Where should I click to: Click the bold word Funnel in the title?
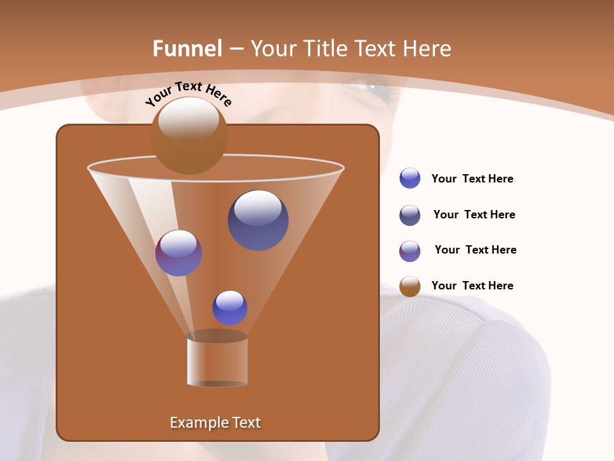(x=187, y=49)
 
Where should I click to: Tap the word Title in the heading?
(x=325, y=49)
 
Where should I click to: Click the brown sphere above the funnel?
(x=189, y=136)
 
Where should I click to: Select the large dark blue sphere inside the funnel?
(x=258, y=220)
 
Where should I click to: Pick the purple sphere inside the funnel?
(x=178, y=253)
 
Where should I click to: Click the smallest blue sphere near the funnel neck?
(x=230, y=308)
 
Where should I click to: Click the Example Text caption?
(x=215, y=423)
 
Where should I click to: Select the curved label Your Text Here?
(x=189, y=93)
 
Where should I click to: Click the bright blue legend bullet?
(x=410, y=179)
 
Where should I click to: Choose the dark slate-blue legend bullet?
(x=410, y=215)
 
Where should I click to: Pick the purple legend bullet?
(x=410, y=251)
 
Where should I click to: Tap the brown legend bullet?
(x=410, y=286)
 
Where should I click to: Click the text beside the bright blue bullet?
(x=472, y=179)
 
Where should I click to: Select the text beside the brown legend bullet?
(x=472, y=286)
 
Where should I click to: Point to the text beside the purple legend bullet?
(x=475, y=250)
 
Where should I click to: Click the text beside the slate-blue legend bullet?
(x=474, y=214)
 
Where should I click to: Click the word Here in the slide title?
(x=426, y=49)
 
